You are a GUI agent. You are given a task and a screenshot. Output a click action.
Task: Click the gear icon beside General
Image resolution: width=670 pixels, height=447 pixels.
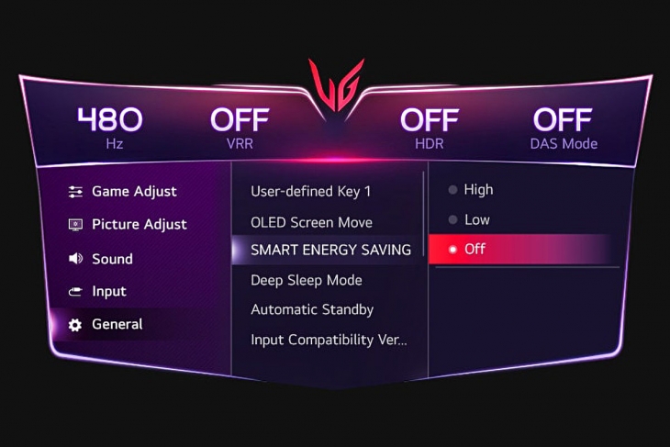click(75, 325)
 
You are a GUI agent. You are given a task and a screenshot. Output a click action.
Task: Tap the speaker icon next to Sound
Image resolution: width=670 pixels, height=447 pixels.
click(75, 258)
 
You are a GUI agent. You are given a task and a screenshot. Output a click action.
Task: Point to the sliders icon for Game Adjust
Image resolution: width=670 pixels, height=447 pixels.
click(75, 192)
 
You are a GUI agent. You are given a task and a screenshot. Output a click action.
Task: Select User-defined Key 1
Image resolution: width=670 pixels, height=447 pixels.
click(310, 192)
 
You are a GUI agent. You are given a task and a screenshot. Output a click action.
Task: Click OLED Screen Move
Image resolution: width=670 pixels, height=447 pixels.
click(311, 222)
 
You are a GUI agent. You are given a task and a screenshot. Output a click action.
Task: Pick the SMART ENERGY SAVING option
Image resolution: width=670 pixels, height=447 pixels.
click(330, 250)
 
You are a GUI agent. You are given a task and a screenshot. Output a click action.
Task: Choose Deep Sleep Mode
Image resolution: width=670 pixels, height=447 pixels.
click(307, 280)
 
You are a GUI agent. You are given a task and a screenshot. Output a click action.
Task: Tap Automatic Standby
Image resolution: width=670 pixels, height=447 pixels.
click(312, 309)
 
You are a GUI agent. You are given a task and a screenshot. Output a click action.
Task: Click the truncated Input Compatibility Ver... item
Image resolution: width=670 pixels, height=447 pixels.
click(329, 340)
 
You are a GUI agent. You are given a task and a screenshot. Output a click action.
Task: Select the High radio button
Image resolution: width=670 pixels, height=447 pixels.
click(452, 190)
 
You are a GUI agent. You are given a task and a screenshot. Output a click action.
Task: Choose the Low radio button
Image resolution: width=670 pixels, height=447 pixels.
click(452, 219)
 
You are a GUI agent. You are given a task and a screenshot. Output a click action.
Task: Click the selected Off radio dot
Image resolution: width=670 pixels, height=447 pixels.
click(452, 249)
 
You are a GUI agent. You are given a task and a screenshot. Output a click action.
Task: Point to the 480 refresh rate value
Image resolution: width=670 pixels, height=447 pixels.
click(110, 119)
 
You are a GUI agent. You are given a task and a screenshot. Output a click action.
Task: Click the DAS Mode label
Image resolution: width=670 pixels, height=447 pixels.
click(564, 143)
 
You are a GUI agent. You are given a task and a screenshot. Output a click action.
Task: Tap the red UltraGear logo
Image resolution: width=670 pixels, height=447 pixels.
click(336, 85)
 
